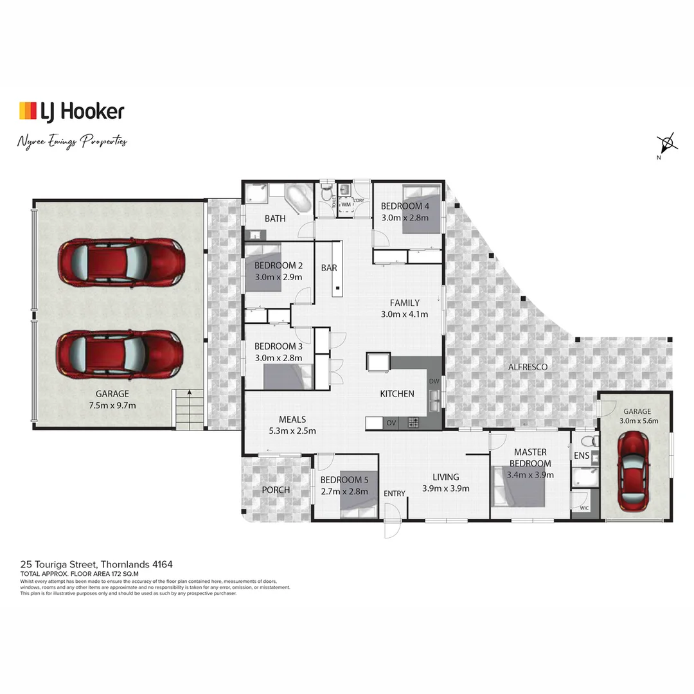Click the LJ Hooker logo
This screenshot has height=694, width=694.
point(71,111)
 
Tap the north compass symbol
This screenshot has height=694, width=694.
point(666,143)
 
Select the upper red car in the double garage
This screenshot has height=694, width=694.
point(121,262)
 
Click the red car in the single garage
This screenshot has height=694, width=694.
point(633,471)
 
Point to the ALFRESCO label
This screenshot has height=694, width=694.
point(528,367)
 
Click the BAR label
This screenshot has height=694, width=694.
point(329,268)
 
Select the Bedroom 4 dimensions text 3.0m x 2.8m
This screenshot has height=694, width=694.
point(405,218)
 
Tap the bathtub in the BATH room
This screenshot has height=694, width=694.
point(298,199)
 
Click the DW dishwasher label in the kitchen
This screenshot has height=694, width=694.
point(434,381)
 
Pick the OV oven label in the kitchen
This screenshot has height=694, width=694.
point(390,423)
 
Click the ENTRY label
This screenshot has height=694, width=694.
point(395,494)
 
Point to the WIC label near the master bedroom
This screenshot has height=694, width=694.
point(583,508)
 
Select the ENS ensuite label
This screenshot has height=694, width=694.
point(581,456)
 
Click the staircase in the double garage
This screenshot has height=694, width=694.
point(188,409)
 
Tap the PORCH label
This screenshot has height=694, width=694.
point(276,490)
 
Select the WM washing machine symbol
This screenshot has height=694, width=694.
point(346,205)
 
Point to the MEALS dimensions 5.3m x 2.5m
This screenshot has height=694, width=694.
point(292,431)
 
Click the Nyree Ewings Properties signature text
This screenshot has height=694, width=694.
point(72,142)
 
